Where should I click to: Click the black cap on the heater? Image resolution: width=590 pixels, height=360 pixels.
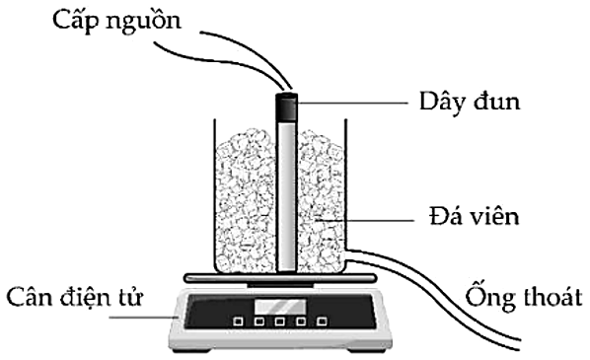(x=287, y=104)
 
